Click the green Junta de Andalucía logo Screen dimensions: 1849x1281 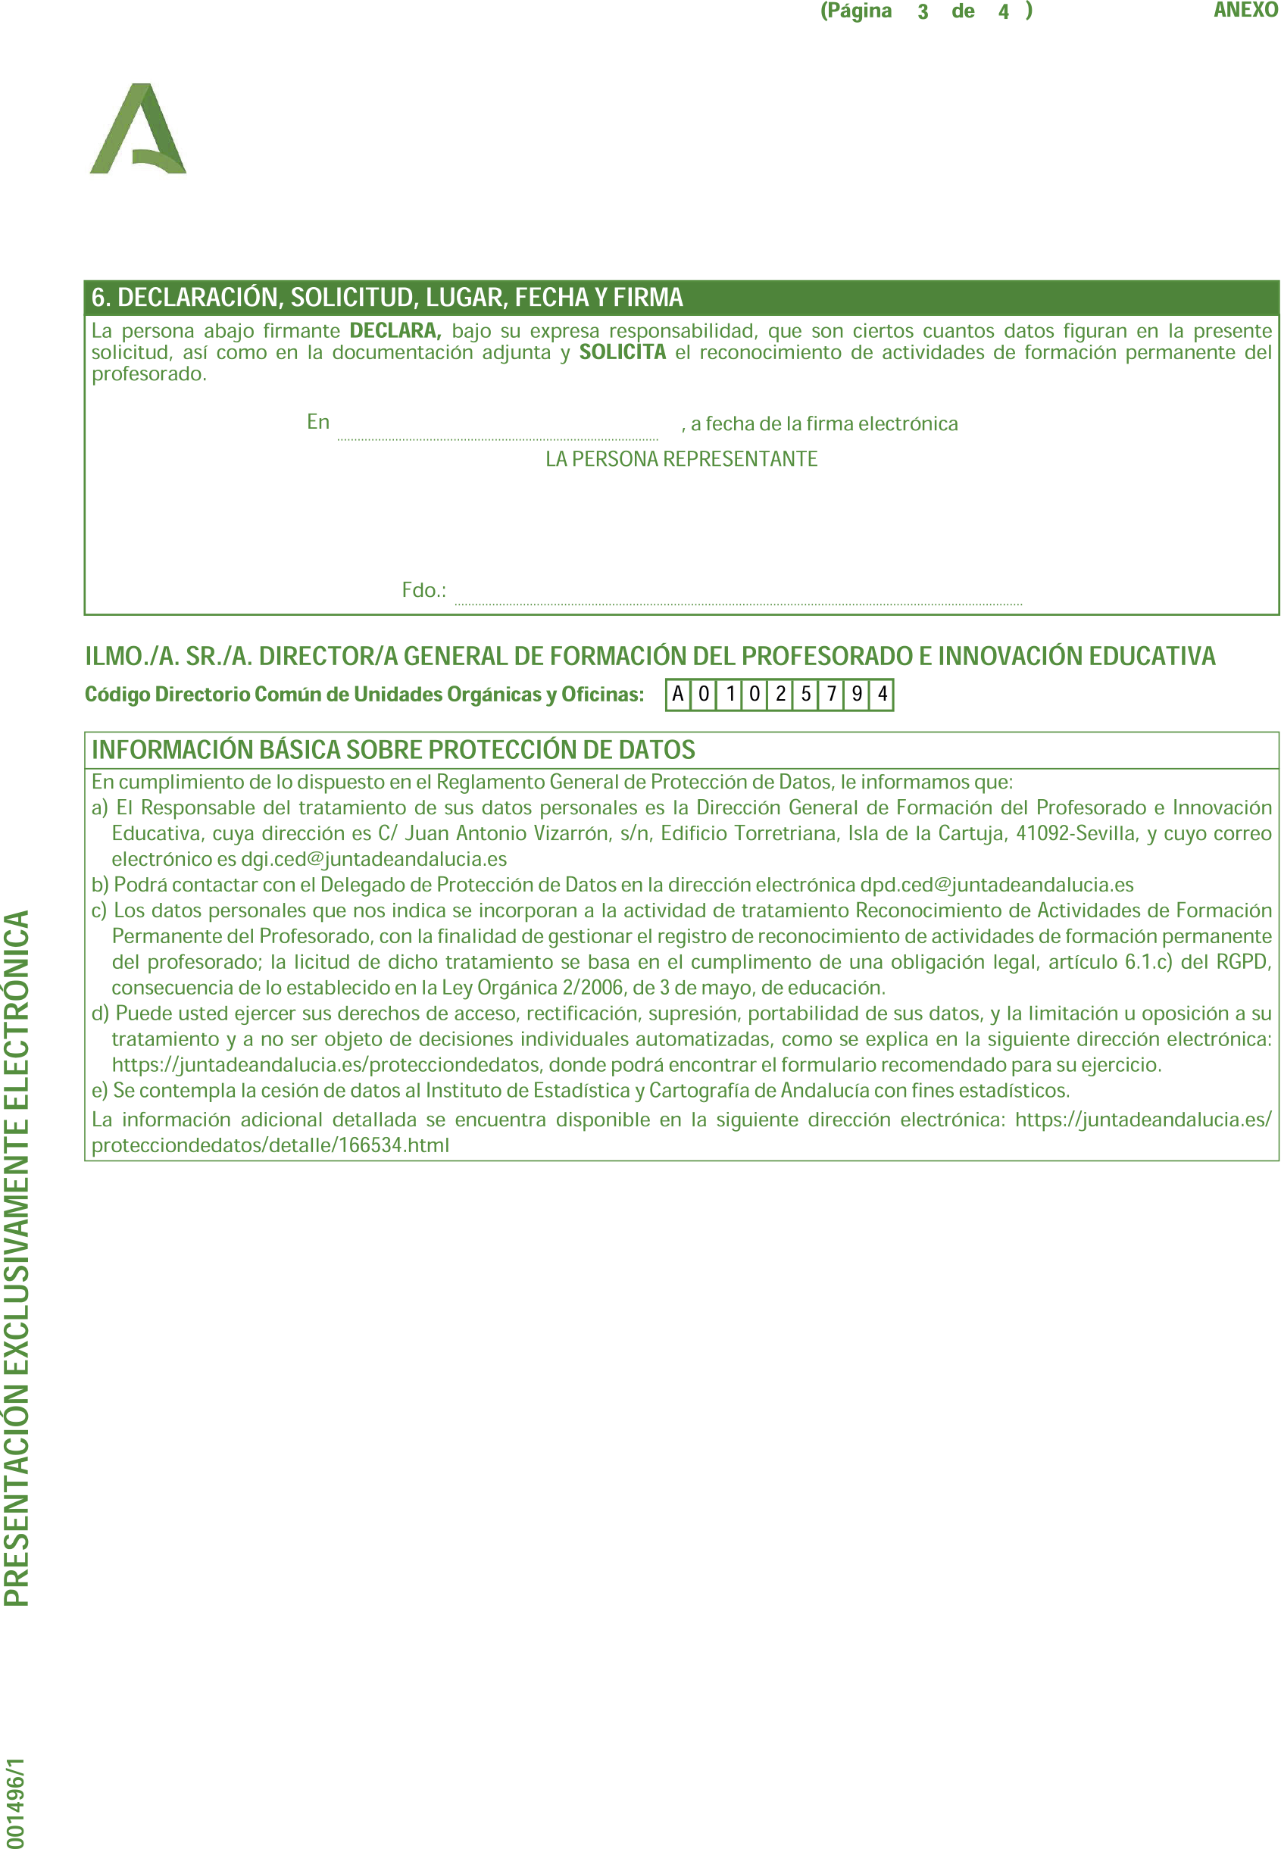tap(138, 130)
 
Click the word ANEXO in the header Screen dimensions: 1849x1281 tap(1245, 11)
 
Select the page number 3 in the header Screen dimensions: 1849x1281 tap(923, 12)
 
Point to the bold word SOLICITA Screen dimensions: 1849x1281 tap(622, 352)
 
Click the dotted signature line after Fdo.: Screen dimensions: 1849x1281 tap(739, 594)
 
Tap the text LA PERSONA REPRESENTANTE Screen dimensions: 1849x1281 tap(682, 459)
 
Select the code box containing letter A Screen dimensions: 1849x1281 tap(678, 694)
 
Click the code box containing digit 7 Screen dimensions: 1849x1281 tap(832, 694)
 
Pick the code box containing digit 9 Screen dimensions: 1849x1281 tap(858, 694)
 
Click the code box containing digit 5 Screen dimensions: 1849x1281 tap(806, 694)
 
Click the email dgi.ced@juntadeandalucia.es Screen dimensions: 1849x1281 tap(374, 860)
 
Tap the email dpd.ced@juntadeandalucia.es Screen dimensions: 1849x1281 tap(996, 885)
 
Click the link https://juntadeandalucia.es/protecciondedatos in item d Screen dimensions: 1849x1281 tap(326, 1065)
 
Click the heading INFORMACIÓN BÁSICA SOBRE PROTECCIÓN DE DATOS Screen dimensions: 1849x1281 tap(393, 750)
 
